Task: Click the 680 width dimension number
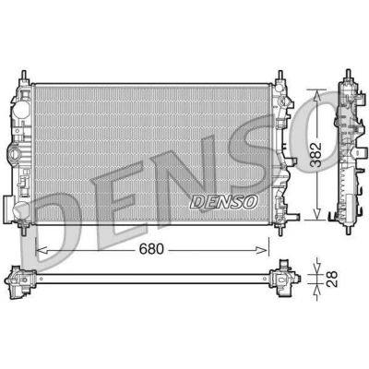click(x=151, y=249)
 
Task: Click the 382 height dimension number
click(x=316, y=155)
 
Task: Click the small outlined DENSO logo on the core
click(x=223, y=202)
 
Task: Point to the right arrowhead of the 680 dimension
click(x=262, y=250)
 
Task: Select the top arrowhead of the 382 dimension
click(x=317, y=96)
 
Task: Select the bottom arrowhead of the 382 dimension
click(x=316, y=214)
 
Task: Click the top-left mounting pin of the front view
click(x=24, y=76)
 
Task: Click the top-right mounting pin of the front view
click(x=280, y=77)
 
